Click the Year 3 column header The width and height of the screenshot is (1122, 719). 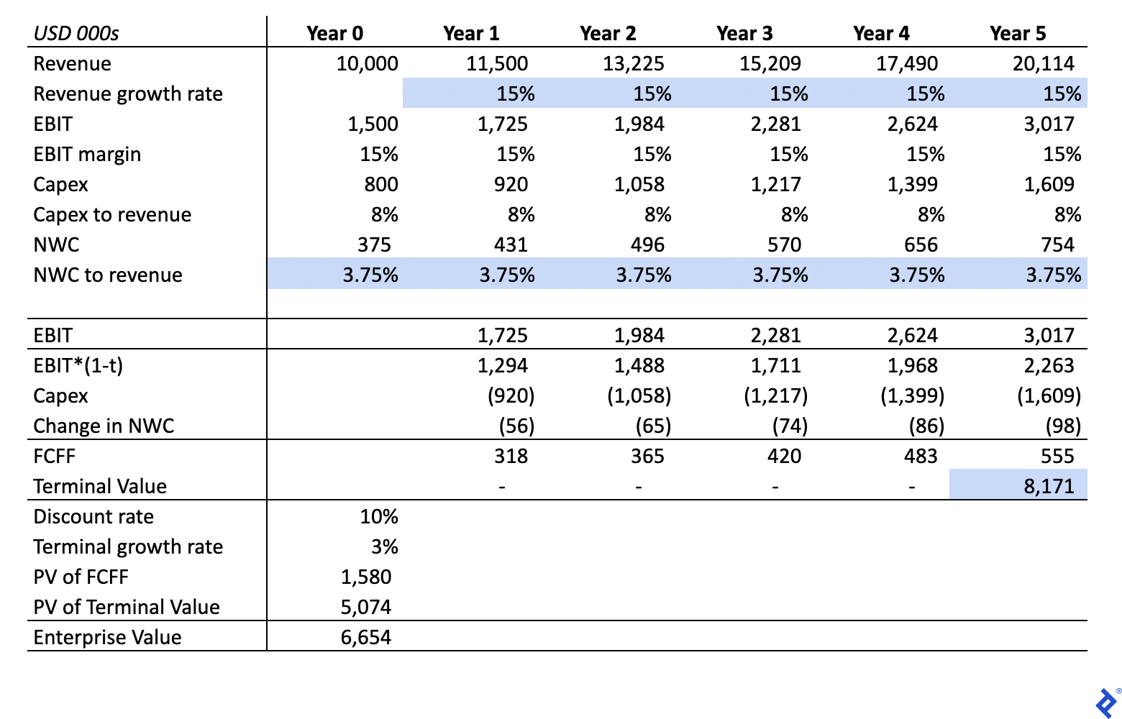[x=744, y=34]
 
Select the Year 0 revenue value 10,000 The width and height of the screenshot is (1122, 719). [x=367, y=63]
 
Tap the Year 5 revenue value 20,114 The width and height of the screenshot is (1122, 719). [x=1044, y=63]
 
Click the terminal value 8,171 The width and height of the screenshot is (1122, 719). [x=1049, y=486]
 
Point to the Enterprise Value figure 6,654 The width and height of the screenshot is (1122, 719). [x=365, y=637]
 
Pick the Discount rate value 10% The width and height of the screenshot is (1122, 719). [x=379, y=517]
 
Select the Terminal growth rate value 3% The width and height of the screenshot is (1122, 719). [x=385, y=546]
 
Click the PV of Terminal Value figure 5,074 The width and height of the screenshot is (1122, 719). [x=365, y=608]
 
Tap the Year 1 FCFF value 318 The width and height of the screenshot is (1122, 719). [x=511, y=456]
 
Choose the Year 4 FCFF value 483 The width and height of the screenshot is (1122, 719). [x=921, y=456]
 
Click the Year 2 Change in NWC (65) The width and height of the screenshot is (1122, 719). [x=653, y=426]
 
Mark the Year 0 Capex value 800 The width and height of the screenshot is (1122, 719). [x=381, y=184]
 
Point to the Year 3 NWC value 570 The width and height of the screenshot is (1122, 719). [x=785, y=245]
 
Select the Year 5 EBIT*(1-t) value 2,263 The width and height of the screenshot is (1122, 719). [x=1049, y=365]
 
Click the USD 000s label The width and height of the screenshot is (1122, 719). [x=76, y=34]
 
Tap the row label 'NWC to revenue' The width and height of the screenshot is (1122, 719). [x=108, y=275]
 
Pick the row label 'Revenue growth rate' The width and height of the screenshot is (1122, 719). [x=128, y=94]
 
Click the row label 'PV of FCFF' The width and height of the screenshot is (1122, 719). [x=81, y=577]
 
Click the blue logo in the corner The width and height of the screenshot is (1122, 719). [x=1106, y=703]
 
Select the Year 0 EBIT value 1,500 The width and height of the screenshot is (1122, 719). [x=373, y=124]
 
